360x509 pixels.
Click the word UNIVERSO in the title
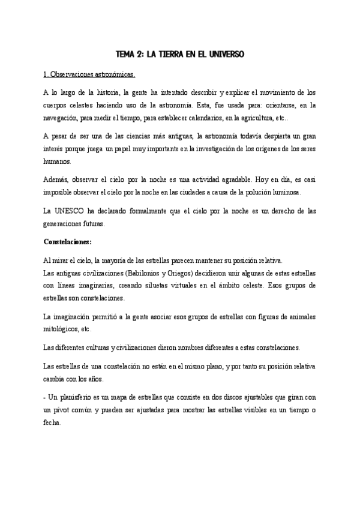tap(225, 54)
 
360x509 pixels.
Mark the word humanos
tap(58, 161)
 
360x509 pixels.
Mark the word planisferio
tap(81, 397)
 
